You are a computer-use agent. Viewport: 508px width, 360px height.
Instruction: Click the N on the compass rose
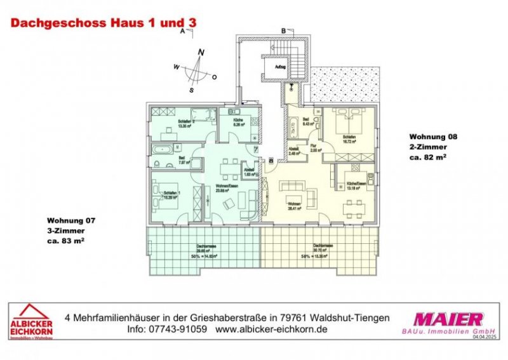(x=201, y=52)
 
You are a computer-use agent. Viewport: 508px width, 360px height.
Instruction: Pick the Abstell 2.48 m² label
(x=293, y=152)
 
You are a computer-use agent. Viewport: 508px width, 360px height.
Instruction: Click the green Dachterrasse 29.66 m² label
(x=204, y=251)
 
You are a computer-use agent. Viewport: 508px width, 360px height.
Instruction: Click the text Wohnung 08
(x=433, y=137)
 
